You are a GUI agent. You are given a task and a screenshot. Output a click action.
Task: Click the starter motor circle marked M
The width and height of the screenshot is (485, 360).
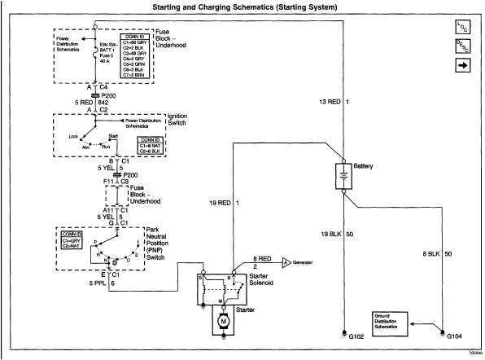click(222, 323)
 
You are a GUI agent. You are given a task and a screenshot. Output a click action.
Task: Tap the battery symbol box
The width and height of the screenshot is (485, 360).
click(343, 177)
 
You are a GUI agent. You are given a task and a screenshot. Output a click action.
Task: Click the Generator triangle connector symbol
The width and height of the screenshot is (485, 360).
click(287, 263)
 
